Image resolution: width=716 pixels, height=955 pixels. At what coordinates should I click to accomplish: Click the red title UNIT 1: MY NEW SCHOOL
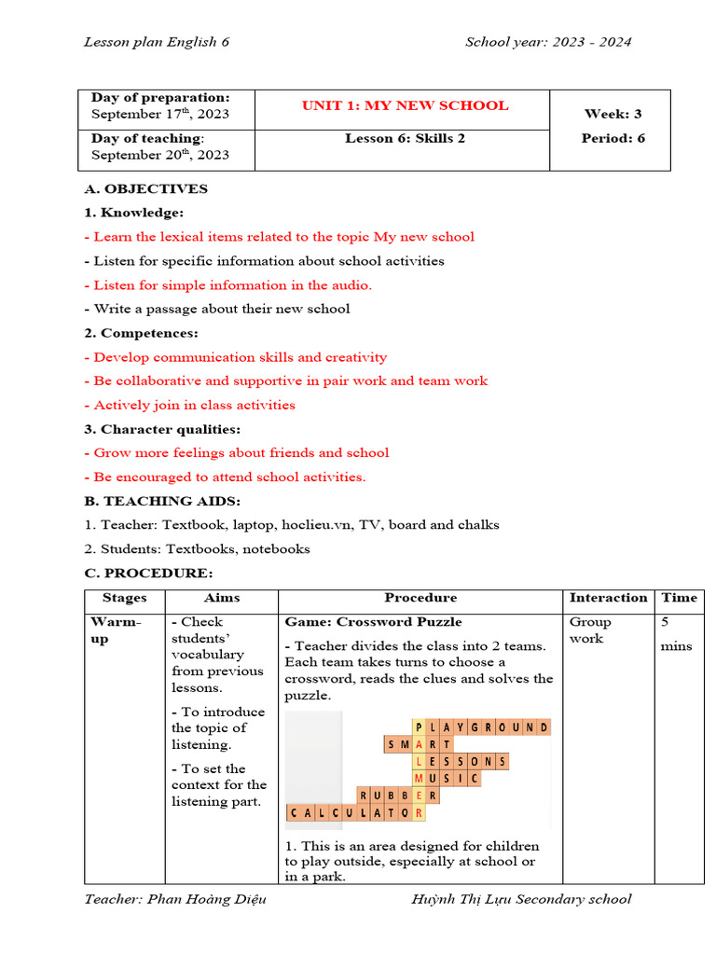pos(405,105)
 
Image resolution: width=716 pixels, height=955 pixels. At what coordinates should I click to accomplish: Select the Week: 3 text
pos(613,114)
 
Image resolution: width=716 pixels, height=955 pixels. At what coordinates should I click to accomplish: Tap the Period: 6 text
pos(613,138)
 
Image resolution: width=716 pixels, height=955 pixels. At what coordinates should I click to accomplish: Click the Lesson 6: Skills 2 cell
pos(405,138)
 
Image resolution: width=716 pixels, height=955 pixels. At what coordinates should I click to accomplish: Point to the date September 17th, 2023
pos(159,115)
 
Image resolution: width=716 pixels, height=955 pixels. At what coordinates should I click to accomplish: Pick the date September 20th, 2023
pos(159,156)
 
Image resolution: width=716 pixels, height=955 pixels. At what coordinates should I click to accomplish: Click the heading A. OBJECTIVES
pos(145,188)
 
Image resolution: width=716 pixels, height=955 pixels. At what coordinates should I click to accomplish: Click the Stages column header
pos(124,598)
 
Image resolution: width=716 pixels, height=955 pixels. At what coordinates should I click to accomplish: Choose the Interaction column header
pos(608,598)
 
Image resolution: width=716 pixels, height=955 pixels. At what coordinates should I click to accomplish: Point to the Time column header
pos(679,598)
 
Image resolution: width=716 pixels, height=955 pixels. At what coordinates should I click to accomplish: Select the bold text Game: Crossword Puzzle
pos(373,622)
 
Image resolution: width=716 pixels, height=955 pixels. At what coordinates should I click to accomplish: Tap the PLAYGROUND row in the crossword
pos(481,727)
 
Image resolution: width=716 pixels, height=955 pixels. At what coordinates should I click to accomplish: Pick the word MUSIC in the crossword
pos(447,778)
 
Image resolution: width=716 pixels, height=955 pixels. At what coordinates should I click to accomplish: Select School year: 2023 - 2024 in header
pos(548,42)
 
